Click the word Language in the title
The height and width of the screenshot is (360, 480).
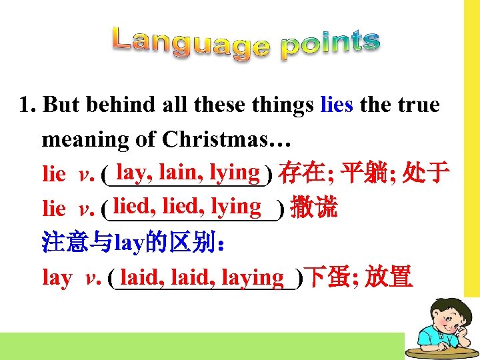click(190, 41)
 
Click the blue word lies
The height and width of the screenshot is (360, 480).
click(337, 105)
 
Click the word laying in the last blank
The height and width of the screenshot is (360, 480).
click(253, 276)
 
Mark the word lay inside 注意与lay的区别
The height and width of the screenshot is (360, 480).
click(126, 242)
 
